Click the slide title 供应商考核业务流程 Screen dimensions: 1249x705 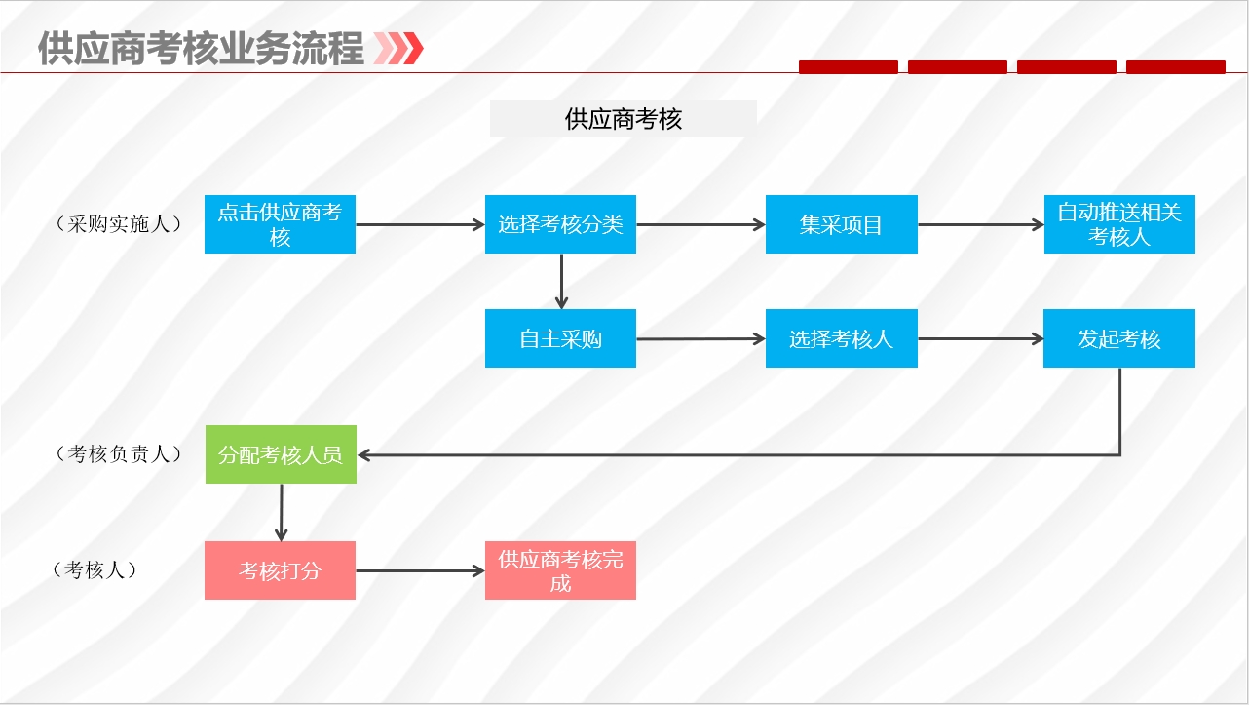point(201,49)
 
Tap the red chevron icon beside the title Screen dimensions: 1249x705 point(398,49)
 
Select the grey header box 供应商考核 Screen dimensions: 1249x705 point(623,119)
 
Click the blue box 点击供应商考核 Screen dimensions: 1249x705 point(280,224)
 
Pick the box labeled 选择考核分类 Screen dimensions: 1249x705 point(560,224)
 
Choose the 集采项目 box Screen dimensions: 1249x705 point(842,224)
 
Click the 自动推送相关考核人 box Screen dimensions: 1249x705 point(1119,224)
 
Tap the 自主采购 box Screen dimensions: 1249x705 point(560,338)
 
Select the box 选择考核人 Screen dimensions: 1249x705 point(842,338)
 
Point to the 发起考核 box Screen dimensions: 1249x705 point(1119,338)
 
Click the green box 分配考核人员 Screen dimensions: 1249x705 point(281,454)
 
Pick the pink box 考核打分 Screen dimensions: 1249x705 point(280,570)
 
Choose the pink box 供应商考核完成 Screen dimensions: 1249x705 point(560,570)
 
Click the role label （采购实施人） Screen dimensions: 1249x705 point(119,224)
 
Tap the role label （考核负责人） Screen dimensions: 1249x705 point(119,453)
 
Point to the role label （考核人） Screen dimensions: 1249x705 point(95,569)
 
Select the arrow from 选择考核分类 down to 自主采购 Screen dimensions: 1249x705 point(561,282)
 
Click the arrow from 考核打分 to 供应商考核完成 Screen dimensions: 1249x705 point(421,571)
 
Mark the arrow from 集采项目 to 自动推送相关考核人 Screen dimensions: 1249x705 point(981,225)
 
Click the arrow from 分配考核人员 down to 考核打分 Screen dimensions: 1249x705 point(281,513)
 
